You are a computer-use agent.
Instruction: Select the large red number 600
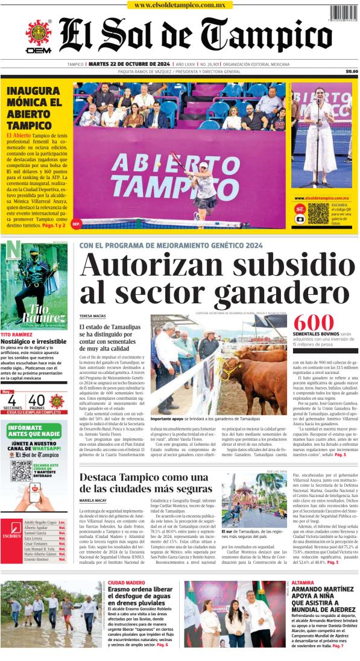pos(313,323)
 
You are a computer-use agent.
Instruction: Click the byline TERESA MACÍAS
pos(92,316)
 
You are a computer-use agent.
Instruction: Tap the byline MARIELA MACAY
pos(93,501)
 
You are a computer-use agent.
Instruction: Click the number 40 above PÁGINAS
pos(37,400)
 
